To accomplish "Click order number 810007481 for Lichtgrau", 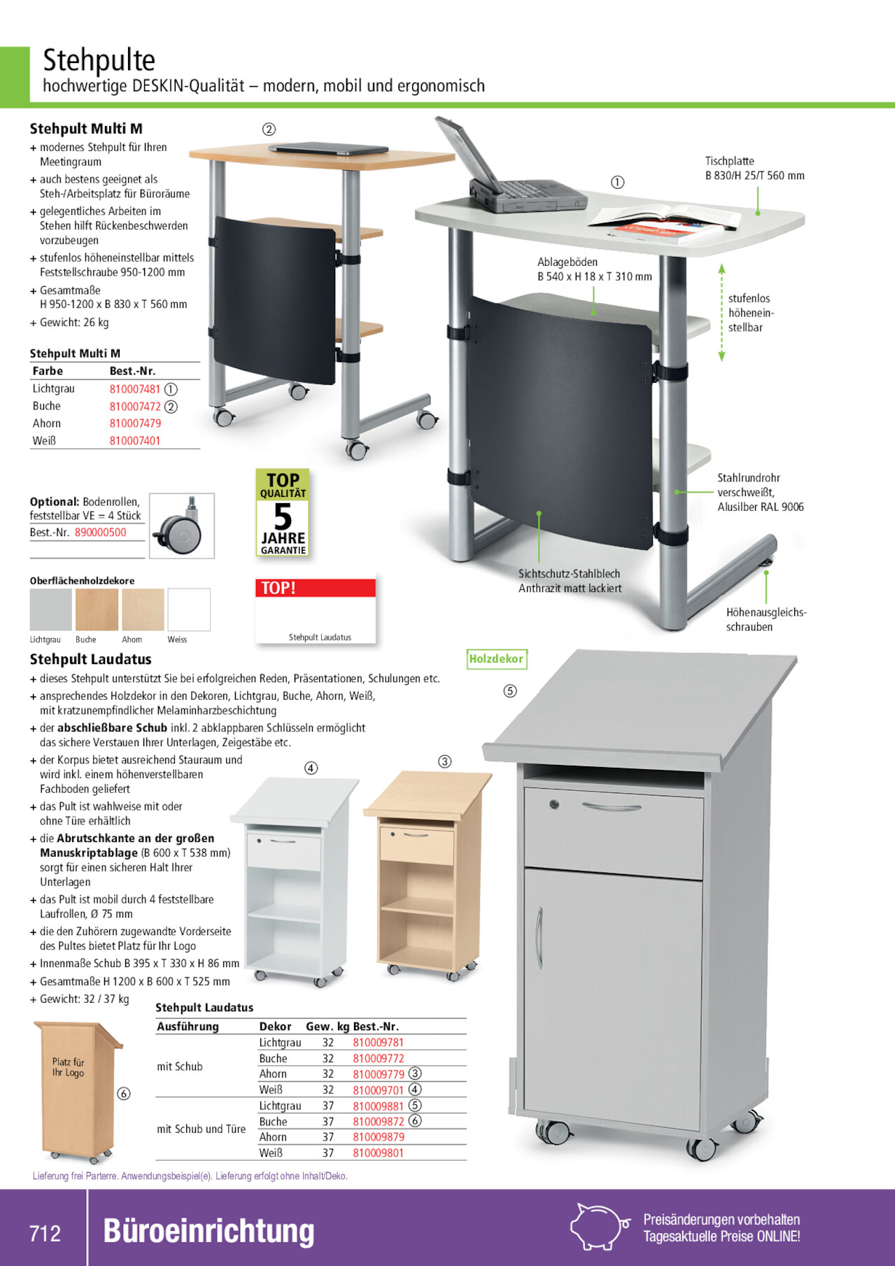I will (135, 389).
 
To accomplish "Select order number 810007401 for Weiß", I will (135, 441).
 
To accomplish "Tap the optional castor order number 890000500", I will (101, 533).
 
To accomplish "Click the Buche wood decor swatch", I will (97, 610).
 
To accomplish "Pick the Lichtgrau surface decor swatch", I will (50, 610).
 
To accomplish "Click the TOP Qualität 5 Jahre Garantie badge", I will (283, 513).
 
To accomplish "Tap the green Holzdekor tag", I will (496, 659).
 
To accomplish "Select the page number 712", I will (45, 1233).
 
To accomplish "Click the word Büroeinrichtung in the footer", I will (209, 1231).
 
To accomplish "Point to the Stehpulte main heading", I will (99, 61).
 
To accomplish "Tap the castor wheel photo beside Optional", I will (182, 526).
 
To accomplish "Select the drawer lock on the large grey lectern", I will (554, 804).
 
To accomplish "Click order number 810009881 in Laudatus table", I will (378, 1106).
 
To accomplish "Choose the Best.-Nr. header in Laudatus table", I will (376, 1027).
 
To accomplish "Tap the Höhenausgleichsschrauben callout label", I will (766, 619).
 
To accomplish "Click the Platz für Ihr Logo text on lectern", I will (68, 1067).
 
